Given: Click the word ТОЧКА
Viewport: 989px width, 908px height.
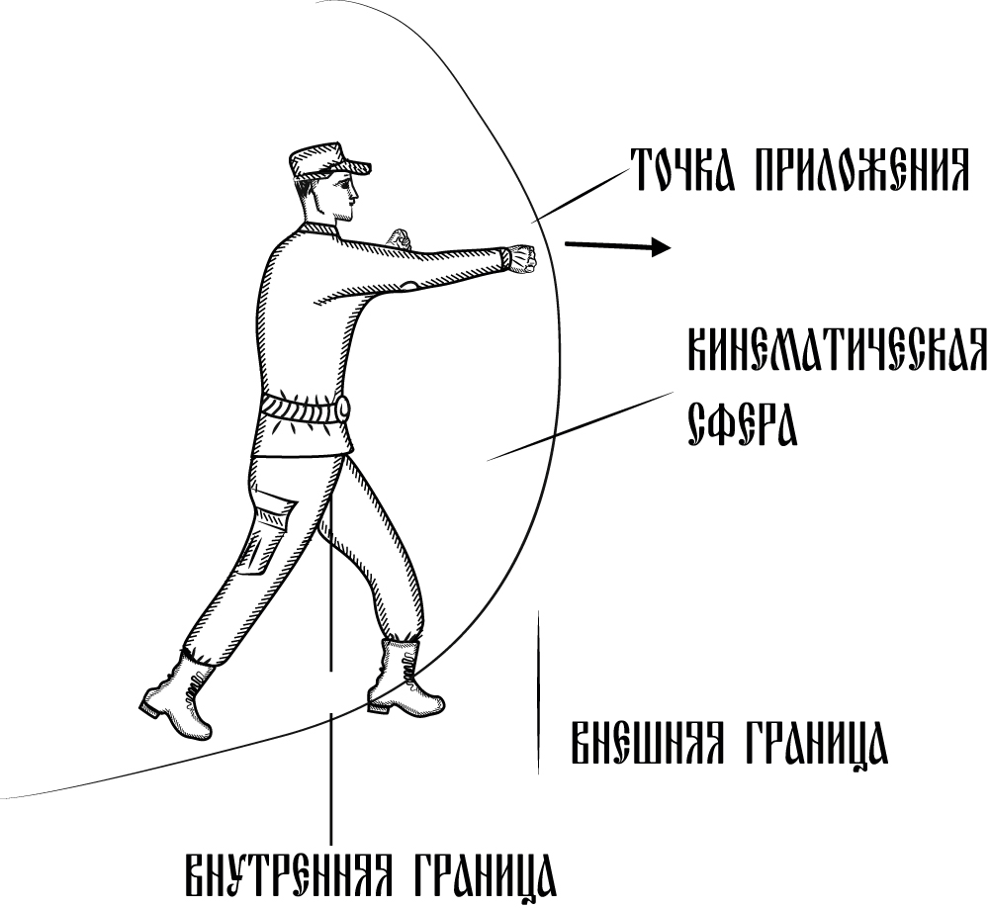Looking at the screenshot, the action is click(x=683, y=169).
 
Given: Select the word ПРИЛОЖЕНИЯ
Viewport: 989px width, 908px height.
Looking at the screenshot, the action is click(x=859, y=169).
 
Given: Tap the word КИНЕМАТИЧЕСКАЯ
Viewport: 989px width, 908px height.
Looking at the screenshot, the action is click(x=837, y=349).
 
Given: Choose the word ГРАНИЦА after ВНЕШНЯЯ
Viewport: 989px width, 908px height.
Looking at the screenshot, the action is click(x=812, y=745).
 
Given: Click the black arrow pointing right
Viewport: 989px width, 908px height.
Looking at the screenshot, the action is click(x=617, y=246).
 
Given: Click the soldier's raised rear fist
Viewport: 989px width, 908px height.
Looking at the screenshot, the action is click(x=399, y=239).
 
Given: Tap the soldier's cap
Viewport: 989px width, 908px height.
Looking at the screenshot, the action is click(x=328, y=163).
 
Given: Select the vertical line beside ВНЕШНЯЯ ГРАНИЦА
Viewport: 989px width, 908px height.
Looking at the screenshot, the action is click(x=538, y=692).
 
